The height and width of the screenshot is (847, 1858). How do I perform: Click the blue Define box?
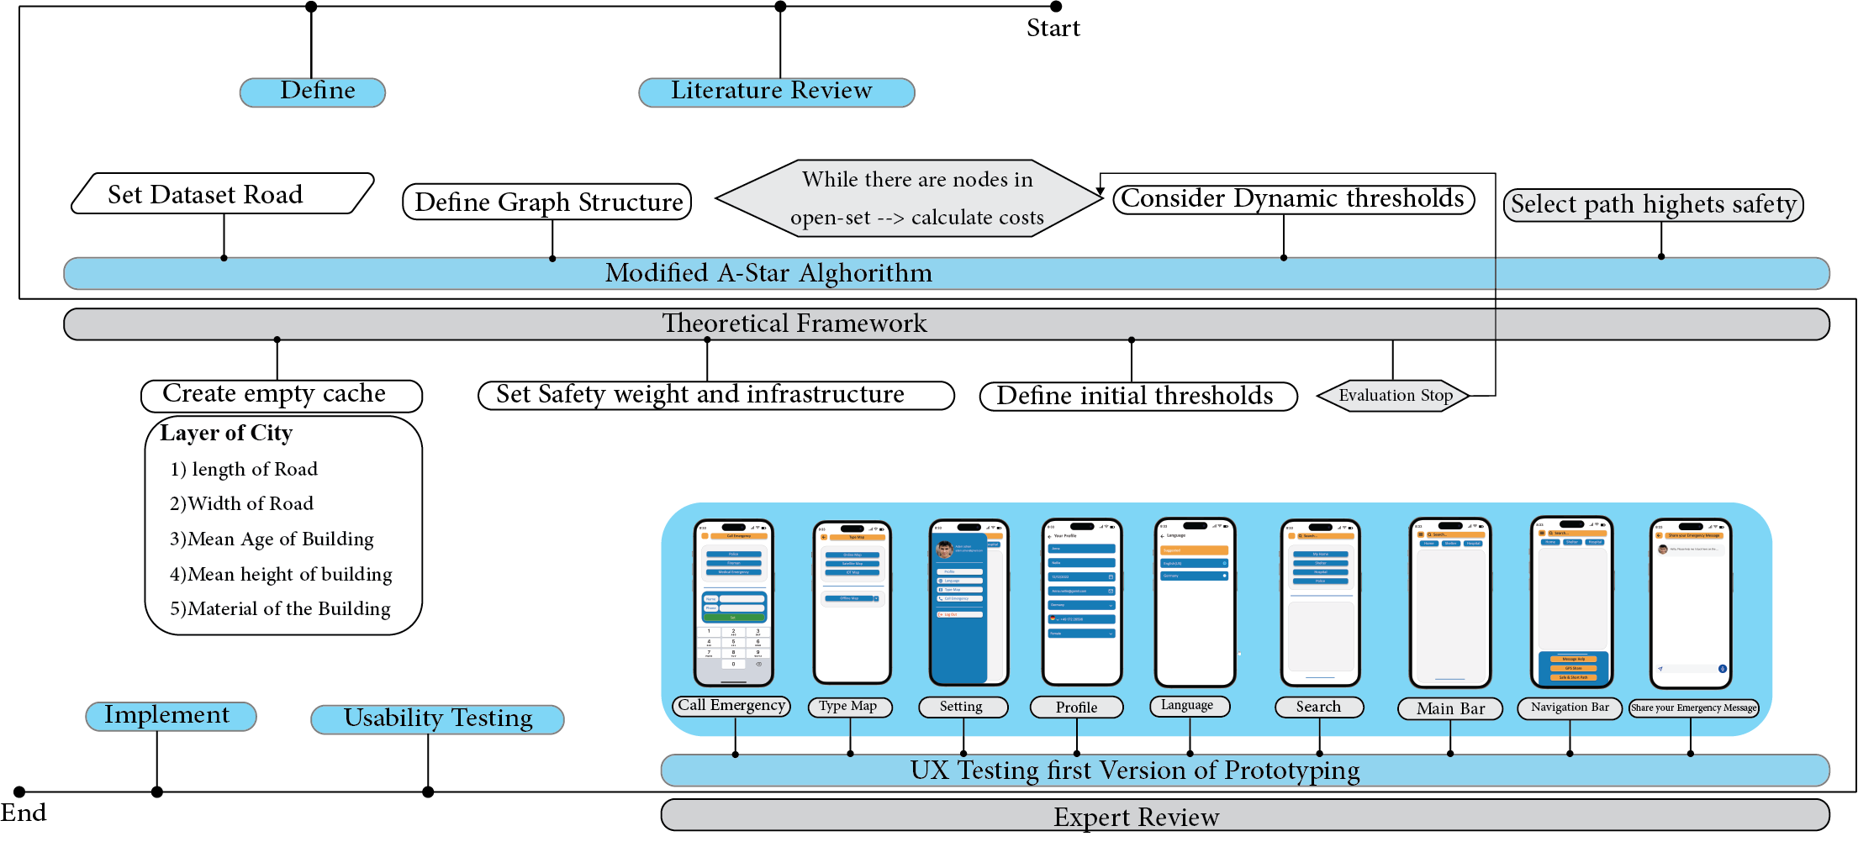[313, 92]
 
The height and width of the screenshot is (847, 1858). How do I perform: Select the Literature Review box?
[776, 92]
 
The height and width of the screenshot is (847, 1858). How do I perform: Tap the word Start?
[1053, 29]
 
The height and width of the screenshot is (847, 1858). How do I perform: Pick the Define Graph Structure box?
[547, 203]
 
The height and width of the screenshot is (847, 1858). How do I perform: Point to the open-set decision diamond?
[910, 199]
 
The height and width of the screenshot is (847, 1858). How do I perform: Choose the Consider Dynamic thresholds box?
[1294, 199]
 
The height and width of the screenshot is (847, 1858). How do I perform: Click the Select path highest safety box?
[1653, 205]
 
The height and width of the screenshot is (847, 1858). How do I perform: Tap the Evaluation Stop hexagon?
[1394, 396]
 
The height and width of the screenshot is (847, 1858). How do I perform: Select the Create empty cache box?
[282, 395]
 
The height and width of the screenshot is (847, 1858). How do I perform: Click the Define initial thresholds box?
[1137, 396]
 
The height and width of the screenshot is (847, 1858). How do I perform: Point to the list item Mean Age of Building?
[272, 539]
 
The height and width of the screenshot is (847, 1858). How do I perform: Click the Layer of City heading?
[226, 434]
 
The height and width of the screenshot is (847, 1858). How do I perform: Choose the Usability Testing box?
[437, 719]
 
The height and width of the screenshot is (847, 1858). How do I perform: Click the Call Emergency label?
[731, 706]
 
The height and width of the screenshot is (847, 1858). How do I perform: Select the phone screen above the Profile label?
[1082, 602]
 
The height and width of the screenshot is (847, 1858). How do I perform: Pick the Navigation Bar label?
[1570, 708]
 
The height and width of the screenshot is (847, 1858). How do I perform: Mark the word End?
[24, 813]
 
